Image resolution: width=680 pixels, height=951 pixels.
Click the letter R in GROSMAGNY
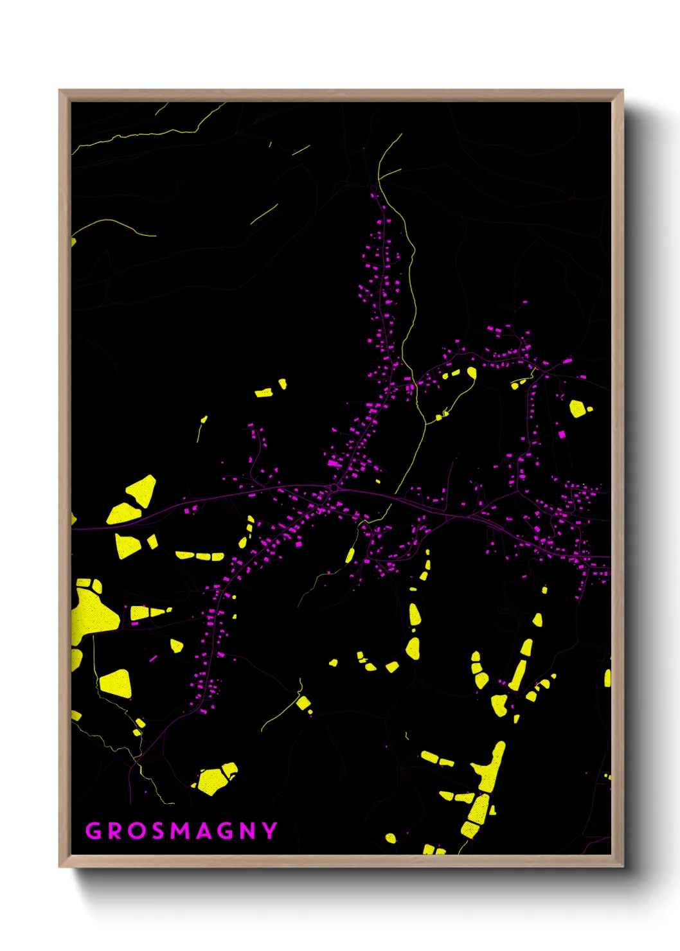(114, 831)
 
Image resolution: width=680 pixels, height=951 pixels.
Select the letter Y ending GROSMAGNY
(270, 831)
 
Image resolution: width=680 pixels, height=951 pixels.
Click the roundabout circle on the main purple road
(334, 489)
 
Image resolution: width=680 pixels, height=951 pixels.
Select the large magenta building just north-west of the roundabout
(334, 463)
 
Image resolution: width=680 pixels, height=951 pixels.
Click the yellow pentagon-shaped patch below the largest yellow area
(116, 684)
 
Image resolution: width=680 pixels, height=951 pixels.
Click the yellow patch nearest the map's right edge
(607, 678)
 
